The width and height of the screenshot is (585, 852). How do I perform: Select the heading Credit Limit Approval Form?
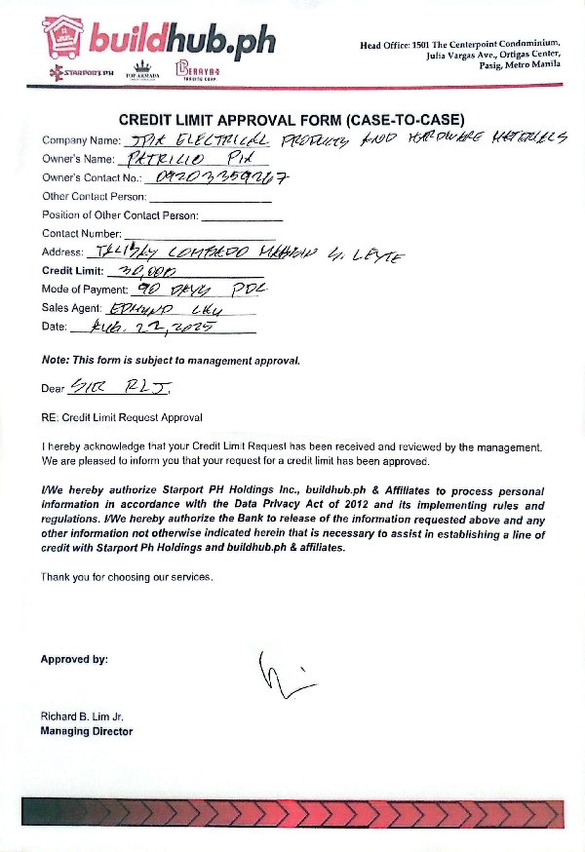pyautogui.click(x=298, y=120)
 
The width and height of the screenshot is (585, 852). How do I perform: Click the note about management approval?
pyautogui.click(x=171, y=360)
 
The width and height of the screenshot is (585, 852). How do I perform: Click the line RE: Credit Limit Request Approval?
pyautogui.click(x=122, y=418)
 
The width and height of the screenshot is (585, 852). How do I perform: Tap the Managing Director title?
pyautogui.click(x=86, y=731)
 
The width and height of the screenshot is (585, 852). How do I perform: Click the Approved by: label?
pyautogui.click(x=74, y=660)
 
